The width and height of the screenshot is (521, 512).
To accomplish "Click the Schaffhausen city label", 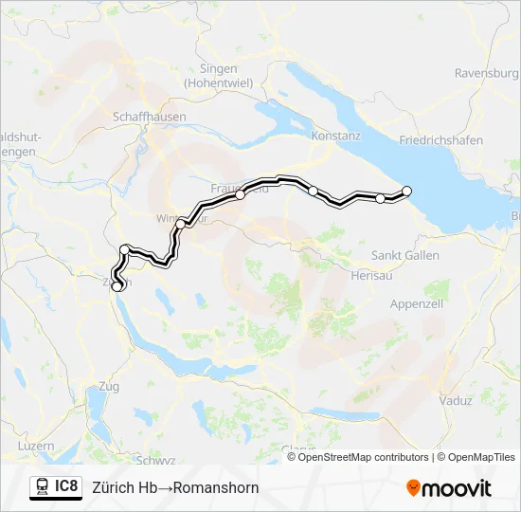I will [x=150, y=117].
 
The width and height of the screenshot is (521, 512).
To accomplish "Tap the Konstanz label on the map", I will [x=336, y=136].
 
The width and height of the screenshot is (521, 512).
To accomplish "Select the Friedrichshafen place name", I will [x=440, y=140].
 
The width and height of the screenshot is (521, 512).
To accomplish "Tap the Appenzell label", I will [x=418, y=304].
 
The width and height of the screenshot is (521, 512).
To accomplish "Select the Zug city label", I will [x=109, y=386].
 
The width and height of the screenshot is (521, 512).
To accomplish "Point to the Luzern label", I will [x=36, y=445].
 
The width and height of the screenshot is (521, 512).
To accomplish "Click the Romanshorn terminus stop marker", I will [x=407, y=191].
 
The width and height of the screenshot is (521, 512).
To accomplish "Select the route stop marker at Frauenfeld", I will [x=241, y=194].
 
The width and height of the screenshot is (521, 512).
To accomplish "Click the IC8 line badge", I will [x=66, y=487].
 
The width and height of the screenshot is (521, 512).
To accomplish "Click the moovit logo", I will [x=449, y=488].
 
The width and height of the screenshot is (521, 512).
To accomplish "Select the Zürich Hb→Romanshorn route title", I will [x=175, y=488].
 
